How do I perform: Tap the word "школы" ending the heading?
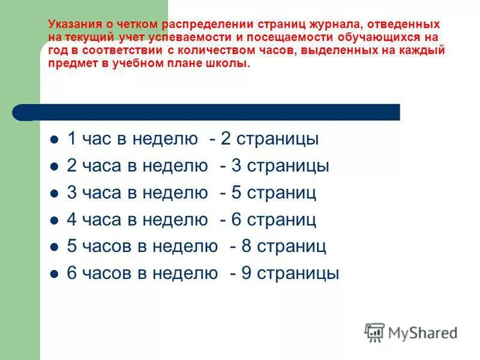click(x=230, y=63)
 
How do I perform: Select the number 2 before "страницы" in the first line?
click(x=226, y=139)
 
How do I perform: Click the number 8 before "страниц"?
click(x=246, y=247)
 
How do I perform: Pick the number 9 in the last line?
click(x=246, y=274)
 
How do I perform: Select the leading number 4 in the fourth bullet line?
click(x=72, y=220)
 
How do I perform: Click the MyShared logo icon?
click(x=374, y=332)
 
